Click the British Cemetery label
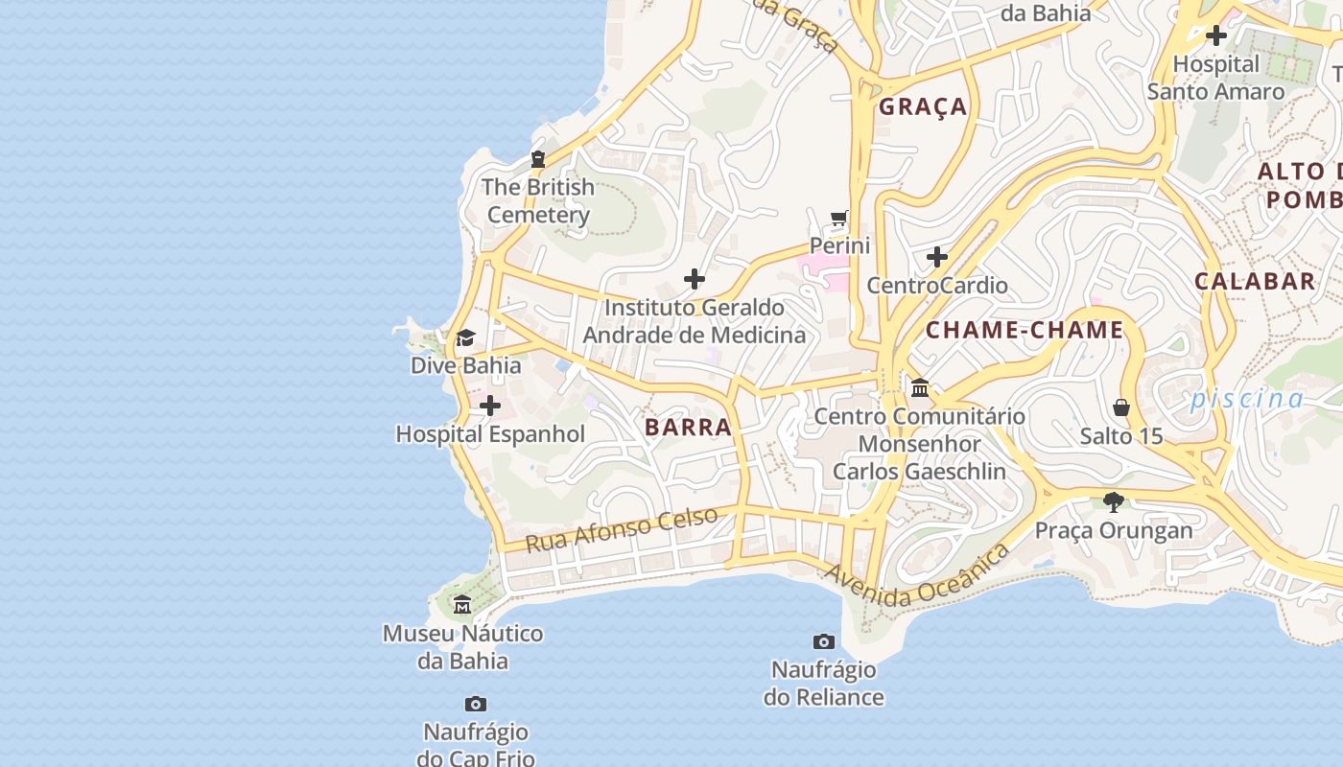(x=537, y=200)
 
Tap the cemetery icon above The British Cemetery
(x=538, y=159)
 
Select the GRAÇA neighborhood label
(x=923, y=106)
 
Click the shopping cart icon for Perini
(x=839, y=218)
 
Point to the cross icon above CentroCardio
(x=937, y=257)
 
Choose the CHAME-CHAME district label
(x=1024, y=330)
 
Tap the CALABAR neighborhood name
(x=1255, y=281)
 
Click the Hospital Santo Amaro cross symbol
(x=1216, y=36)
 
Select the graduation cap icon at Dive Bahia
(x=465, y=337)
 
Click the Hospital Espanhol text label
(x=490, y=434)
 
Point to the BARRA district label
(x=688, y=427)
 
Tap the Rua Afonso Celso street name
(x=622, y=529)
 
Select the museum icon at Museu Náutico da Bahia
(x=462, y=604)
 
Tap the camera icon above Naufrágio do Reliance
(x=823, y=641)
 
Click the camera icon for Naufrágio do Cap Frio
(x=475, y=705)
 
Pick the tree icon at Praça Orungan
(x=1114, y=501)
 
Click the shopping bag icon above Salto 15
(x=1121, y=407)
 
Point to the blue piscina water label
(x=1247, y=399)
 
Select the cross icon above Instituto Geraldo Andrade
(x=695, y=280)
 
